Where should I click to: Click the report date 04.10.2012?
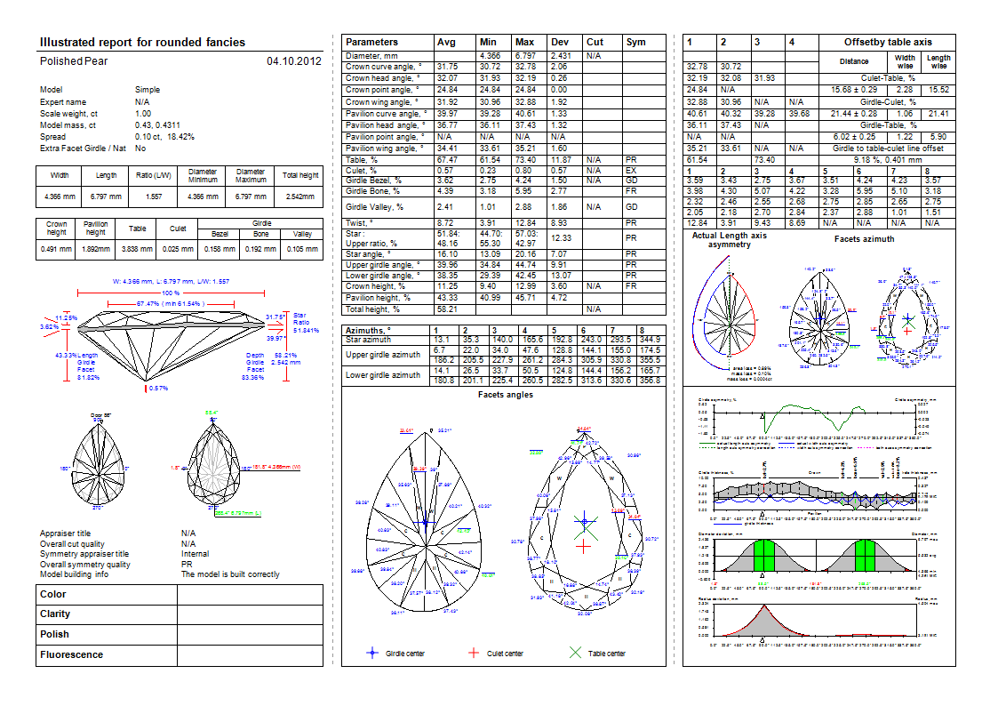pos(293,61)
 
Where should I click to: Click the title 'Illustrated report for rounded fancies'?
pos(143,42)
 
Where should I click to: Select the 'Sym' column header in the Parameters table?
pos(635,42)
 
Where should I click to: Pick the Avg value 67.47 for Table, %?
pos(447,160)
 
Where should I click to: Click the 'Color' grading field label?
pos(53,594)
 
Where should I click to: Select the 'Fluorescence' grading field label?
pos(71,654)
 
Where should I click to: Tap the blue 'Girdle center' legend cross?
pos(373,654)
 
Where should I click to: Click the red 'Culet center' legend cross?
pos(474,654)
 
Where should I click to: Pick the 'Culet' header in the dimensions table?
pos(178,228)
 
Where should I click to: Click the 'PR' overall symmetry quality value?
pos(188,565)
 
